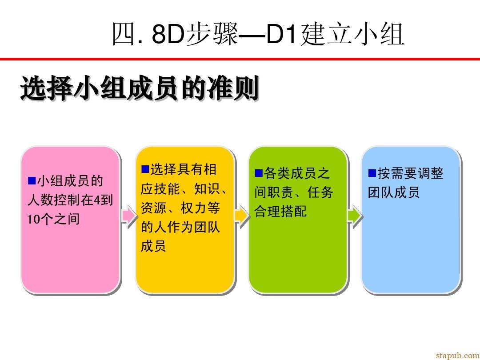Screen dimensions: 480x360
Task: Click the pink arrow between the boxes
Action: (129, 216)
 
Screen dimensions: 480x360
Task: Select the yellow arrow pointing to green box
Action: (242, 216)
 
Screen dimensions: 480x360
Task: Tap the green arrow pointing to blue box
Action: (355, 216)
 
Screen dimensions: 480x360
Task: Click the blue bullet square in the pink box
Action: (32, 180)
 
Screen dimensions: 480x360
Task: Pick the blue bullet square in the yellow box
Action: (145, 169)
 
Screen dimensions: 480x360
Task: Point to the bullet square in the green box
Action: (259, 173)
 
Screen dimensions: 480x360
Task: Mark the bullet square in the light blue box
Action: (372, 173)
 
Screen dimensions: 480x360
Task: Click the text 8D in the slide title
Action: (168, 34)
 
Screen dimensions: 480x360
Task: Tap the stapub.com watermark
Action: (458, 355)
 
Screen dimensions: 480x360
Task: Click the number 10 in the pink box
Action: (33, 219)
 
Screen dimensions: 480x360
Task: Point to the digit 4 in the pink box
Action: (97, 200)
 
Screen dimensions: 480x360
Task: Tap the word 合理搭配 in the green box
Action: (280, 212)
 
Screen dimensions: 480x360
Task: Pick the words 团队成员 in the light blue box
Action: (394, 192)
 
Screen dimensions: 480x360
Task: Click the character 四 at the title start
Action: (124, 34)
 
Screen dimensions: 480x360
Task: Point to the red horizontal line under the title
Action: (240, 59)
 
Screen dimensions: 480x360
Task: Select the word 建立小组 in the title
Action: (352, 34)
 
